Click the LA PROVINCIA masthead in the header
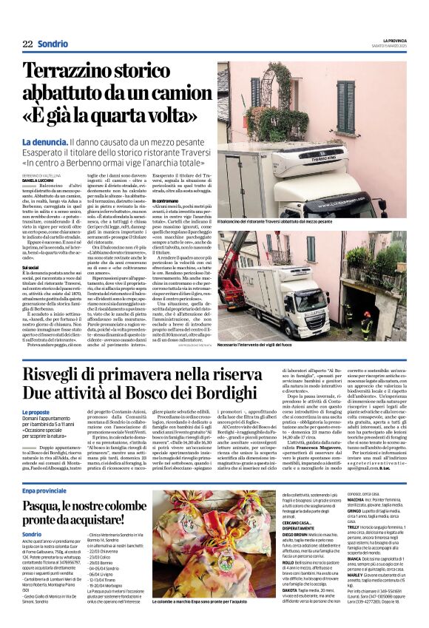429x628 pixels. click(390, 40)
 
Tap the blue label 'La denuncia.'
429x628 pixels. click(44, 141)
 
